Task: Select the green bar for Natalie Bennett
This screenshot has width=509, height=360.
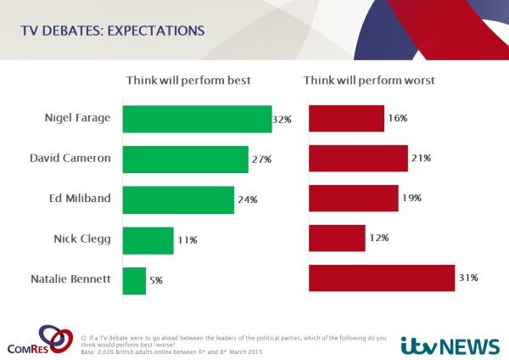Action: coord(134,280)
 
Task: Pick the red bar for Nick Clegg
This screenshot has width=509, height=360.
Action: coord(337,239)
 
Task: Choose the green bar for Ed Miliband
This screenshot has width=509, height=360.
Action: coord(178,200)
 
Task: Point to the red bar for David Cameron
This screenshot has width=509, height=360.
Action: coord(358,159)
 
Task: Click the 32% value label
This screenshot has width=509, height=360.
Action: coord(282,120)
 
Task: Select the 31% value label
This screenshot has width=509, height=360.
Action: coord(469,278)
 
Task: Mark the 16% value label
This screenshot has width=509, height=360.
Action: coord(398,118)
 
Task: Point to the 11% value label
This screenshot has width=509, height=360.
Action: coord(187,240)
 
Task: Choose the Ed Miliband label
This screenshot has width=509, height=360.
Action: coord(81,199)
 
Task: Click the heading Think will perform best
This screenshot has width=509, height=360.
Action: coord(188,81)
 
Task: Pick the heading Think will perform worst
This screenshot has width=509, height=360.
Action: coord(368,81)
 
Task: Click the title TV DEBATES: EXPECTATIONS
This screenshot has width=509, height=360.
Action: coord(113,31)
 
